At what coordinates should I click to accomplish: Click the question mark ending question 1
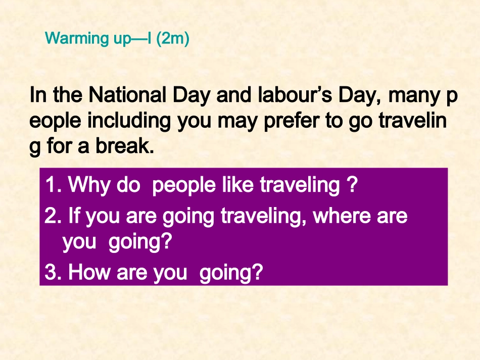coord(353,186)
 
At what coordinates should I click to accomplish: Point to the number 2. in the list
coord(53,216)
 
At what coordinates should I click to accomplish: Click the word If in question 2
coord(74,216)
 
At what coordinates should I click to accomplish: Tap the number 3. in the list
coord(53,273)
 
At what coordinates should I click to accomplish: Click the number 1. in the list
coord(53,186)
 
